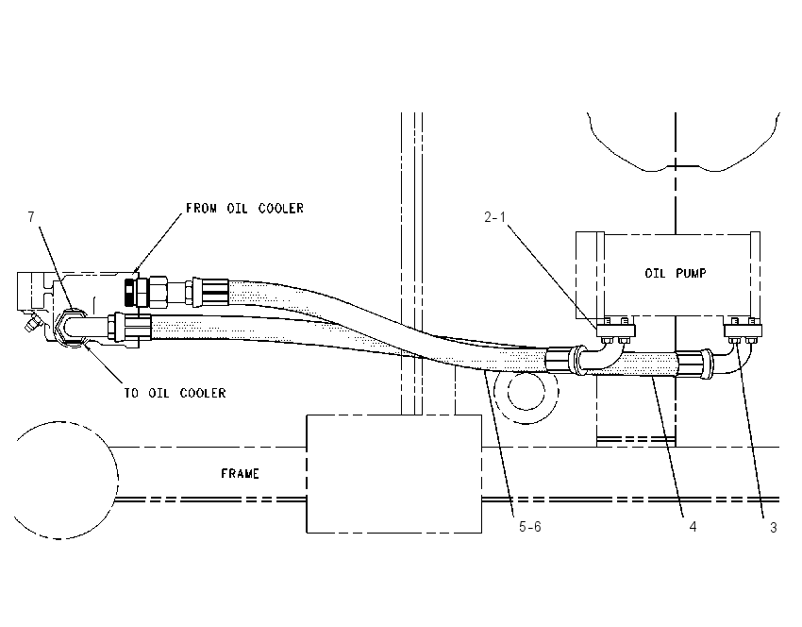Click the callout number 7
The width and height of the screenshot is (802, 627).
31,217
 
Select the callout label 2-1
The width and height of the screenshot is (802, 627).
495,217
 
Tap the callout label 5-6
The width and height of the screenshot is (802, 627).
530,527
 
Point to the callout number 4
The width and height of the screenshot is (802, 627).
693,527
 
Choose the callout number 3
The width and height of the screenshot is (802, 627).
774,527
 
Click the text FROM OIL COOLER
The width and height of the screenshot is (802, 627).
244,209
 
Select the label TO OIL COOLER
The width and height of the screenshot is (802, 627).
175,393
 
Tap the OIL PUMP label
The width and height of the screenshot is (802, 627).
676,273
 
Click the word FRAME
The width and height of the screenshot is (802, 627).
240,474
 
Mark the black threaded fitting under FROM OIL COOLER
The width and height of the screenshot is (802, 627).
131,293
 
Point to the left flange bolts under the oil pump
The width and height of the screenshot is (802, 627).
616,330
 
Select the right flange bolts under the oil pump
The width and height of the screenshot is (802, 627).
744,330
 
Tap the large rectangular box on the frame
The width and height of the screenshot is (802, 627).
393,474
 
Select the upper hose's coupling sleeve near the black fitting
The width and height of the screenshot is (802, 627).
210,292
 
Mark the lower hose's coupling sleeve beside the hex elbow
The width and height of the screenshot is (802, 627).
133,328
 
